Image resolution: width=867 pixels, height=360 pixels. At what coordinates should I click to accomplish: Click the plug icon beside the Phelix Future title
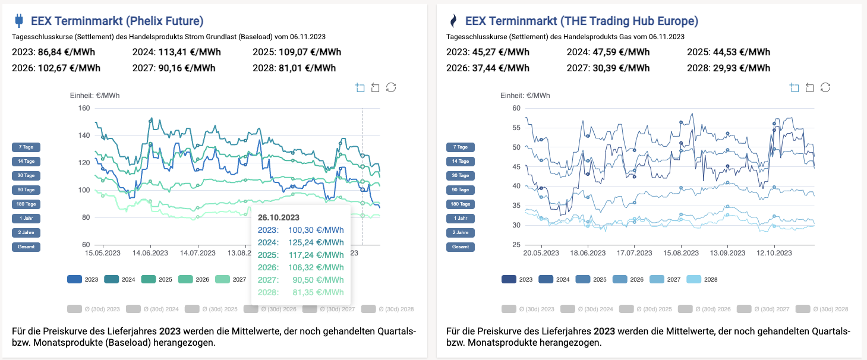[18, 21]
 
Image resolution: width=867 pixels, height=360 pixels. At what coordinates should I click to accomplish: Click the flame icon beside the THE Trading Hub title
[453, 21]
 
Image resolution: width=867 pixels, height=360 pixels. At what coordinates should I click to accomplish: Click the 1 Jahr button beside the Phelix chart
[26, 218]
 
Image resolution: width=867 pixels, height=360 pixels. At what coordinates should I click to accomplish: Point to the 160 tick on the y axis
[83, 108]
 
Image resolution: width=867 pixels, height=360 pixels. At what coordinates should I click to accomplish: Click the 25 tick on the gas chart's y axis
[516, 245]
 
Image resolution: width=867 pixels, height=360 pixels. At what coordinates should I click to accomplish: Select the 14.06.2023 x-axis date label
[150, 252]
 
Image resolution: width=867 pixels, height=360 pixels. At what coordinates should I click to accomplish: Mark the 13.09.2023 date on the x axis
[727, 252]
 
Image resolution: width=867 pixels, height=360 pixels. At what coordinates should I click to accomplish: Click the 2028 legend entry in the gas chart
[702, 279]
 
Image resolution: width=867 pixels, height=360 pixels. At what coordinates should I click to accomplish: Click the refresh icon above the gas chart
[825, 88]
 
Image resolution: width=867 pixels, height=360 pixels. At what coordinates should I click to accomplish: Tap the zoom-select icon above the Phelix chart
[360, 88]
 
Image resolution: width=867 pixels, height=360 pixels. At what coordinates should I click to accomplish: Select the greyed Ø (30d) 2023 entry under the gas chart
[528, 309]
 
